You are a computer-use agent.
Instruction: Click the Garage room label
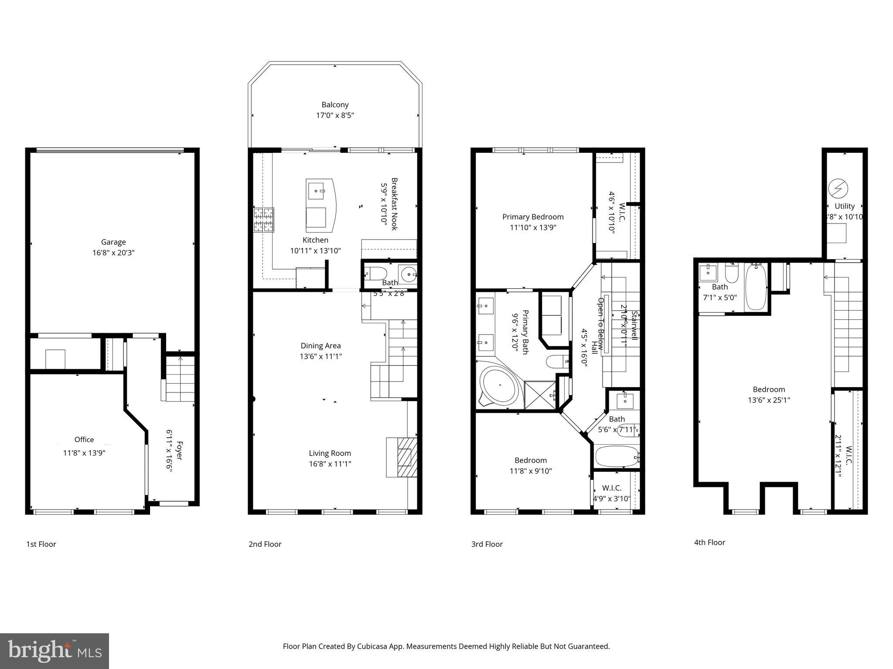click(x=113, y=242)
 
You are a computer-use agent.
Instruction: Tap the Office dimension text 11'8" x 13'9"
click(x=84, y=453)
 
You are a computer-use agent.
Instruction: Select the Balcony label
click(x=335, y=105)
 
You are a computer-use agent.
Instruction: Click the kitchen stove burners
click(x=263, y=220)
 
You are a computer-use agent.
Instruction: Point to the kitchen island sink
click(x=316, y=191)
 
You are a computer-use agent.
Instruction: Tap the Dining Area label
click(x=320, y=346)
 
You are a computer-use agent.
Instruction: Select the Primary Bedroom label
click(x=533, y=217)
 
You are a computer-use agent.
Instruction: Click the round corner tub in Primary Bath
click(x=500, y=386)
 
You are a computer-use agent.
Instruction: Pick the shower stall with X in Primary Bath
click(x=540, y=395)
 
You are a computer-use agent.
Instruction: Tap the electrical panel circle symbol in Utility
click(x=838, y=189)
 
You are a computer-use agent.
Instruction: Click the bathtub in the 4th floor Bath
click(x=756, y=287)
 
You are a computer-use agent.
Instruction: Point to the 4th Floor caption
click(x=709, y=542)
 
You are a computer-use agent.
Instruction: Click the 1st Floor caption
click(x=41, y=544)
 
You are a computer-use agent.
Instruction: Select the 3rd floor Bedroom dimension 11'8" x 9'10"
click(x=531, y=471)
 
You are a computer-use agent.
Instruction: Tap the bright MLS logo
click(x=55, y=651)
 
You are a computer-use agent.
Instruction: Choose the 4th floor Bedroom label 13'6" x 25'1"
click(x=769, y=400)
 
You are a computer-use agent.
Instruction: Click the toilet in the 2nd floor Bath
click(x=375, y=274)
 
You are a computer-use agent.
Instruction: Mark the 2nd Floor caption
click(x=265, y=544)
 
